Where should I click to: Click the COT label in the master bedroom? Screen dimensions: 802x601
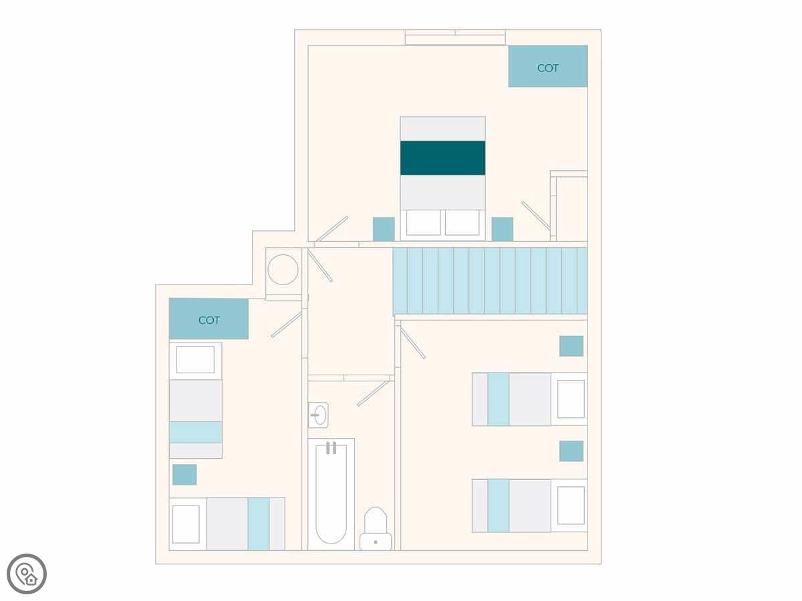tap(547, 68)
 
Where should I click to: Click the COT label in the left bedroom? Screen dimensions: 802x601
tap(209, 321)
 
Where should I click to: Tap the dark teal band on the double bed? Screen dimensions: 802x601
tap(443, 158)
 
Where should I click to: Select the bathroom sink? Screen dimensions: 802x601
tap(318, 415)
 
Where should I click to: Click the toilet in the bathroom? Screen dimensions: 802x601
tap(376, 529)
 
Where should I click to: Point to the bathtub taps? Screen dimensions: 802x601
tap(331, 448)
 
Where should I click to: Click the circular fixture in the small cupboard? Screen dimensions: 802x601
tap(283, 270)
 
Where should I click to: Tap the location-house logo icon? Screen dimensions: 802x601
tap(27, 574)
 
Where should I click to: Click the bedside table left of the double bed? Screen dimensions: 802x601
tap(384, 229)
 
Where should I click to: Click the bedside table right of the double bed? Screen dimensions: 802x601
tap(503, 229)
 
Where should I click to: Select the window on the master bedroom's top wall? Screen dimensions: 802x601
tap(455, 37)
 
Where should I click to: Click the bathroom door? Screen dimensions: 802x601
tap(373, 393)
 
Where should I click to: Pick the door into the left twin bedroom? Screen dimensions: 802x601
tap(287, 325)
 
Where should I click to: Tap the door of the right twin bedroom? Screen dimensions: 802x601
tap(413, 343)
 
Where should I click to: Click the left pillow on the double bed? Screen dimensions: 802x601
tap(423, 222)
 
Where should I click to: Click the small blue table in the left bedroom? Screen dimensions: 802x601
tap(184, 475)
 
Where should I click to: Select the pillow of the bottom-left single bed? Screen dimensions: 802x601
tap(186, 524)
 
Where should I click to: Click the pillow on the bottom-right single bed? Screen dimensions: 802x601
tap(571, 506)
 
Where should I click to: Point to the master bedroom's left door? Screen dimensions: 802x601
tap(331, 229)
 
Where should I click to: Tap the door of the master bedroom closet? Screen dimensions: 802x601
tap(536, 216)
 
